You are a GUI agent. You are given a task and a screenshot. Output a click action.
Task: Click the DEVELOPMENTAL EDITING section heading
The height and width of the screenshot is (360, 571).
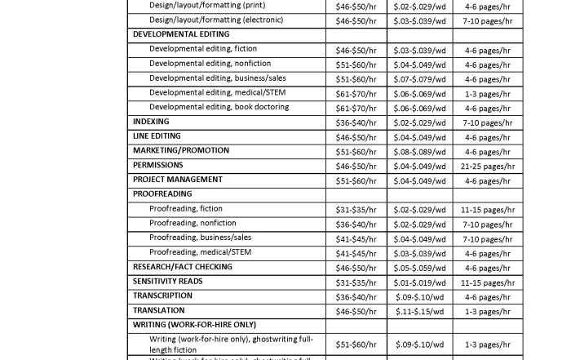tap(181, 35)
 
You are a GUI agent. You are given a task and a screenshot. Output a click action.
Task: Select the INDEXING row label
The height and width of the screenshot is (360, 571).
tap(151, 122)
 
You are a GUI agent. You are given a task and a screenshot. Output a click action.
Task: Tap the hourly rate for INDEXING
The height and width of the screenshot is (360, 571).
tap(356, 123)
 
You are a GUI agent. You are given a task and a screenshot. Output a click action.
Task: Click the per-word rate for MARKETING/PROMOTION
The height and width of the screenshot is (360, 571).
tap(419, 152)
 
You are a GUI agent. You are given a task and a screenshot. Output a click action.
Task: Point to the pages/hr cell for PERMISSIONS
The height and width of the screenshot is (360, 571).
tap(487, 167)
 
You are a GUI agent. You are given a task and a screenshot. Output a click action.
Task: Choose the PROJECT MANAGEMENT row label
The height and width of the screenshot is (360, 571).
tap(177, 180)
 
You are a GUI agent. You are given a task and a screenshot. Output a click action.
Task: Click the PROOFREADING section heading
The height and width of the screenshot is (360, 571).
tap(162, 194)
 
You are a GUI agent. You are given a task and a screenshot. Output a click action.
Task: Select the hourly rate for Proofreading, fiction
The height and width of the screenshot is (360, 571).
tap(356, 210)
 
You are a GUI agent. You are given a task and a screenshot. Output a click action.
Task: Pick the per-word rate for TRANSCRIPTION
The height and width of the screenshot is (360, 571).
tap(419, 297)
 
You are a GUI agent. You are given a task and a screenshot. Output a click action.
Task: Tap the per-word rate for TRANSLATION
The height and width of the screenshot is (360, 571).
tap(419, 312)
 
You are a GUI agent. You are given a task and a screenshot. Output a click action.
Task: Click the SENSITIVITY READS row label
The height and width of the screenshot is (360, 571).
tap(168, 282)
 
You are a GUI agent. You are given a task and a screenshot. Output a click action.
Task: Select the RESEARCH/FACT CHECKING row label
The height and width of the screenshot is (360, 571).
tap(183, 267)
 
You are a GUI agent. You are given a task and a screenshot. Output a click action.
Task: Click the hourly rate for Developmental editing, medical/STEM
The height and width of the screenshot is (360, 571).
tap(356, 94)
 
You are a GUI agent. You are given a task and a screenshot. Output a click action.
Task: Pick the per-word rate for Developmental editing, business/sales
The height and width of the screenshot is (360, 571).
tap(419, 79)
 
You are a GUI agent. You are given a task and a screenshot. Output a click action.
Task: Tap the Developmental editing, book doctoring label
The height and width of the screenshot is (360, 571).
tap(219, 108)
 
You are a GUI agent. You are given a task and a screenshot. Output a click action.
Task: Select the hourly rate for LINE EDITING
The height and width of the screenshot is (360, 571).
tap(356, 138)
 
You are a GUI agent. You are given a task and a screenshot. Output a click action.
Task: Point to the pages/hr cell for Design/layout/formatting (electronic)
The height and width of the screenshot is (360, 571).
tap(487, 20)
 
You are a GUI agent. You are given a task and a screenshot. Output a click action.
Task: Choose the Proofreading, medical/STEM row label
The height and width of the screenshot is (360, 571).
tap(200, 253)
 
